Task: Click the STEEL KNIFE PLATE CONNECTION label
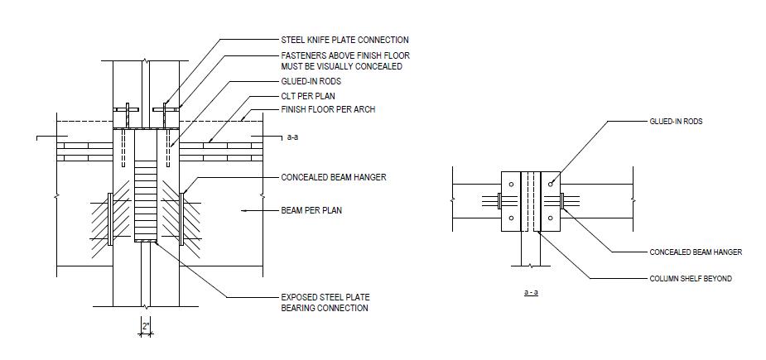coord(344,40)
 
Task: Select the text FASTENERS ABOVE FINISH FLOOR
coord(344,56)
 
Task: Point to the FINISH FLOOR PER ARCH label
coord(328,109)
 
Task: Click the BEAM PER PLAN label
coord(311,211)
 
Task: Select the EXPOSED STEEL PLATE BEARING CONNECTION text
coord(325,303)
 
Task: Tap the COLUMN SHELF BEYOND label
coord(690,279)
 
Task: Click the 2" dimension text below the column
coord(146,327)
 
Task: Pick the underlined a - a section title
coord(531,293)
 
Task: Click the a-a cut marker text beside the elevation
coord(292,137)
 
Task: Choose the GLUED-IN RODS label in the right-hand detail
coord(675,122)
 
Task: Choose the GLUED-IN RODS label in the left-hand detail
coord(311,82)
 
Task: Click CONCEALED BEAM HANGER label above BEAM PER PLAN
coord(334,177)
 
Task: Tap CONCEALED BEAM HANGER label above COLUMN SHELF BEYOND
coord(696,252)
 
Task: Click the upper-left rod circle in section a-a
coord(512,184)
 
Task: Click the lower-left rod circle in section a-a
coord(512,218)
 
